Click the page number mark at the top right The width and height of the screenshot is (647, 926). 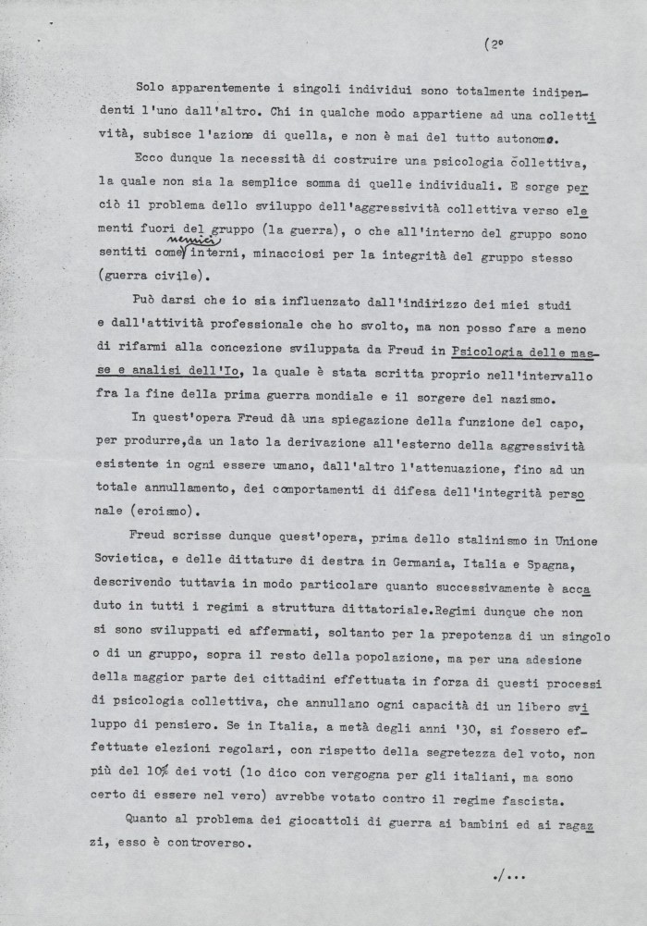494,43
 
